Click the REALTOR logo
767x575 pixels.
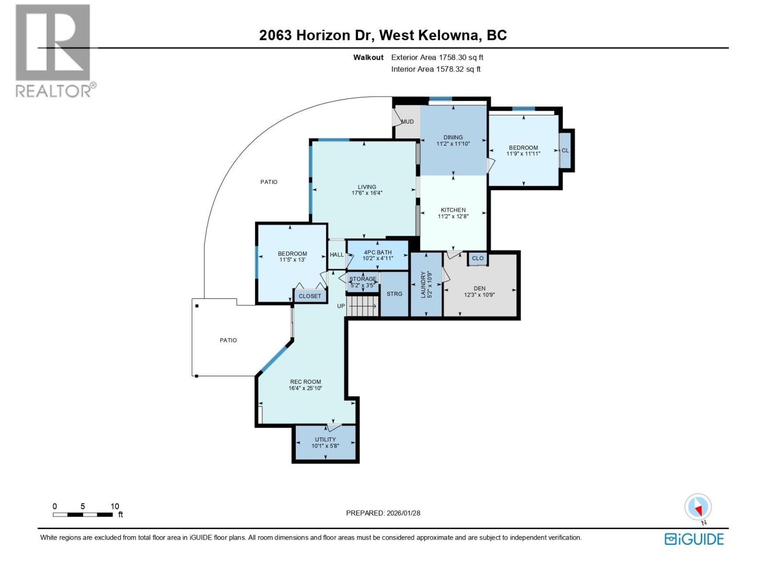[54, 51]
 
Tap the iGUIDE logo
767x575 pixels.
[694, 539]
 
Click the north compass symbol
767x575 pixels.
[698, 507]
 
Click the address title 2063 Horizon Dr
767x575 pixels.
[383, 35]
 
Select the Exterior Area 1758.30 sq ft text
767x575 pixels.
[437, 57]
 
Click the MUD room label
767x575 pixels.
[407, 122]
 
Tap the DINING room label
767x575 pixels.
[453, 138]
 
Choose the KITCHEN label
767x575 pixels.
[453, 210]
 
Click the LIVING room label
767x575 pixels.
[367, 187]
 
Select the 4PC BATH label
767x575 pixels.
[378, 253]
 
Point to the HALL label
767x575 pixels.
[337, 254]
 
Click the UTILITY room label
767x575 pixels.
[325, 439]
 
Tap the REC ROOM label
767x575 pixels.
[305, 382]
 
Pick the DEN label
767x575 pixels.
[479, 288]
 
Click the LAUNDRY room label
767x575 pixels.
[423, 285]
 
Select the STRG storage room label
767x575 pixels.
[395, 294]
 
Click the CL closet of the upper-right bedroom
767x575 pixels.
[565, 150]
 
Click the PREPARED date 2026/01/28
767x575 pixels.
[383, 513]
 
